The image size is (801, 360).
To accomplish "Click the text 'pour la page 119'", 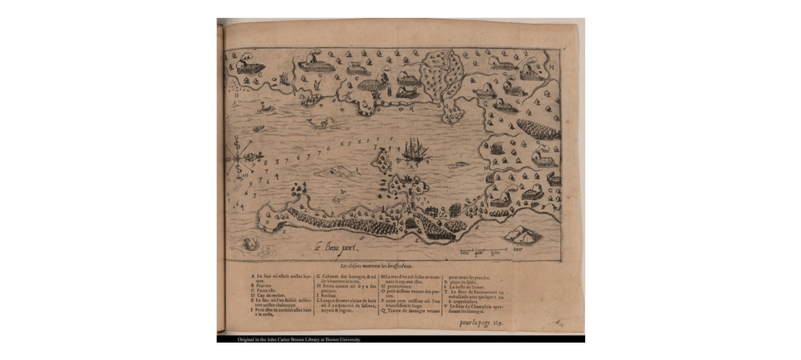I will pyautogui.click(x=480, y=323).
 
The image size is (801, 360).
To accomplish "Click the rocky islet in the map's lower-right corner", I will pyautogui.click(x=524, y=234).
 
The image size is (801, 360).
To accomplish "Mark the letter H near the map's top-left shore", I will pyautogui.click(x=236, y=96).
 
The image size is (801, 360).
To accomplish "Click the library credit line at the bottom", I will pyautogui.click(x=299, y=339).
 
